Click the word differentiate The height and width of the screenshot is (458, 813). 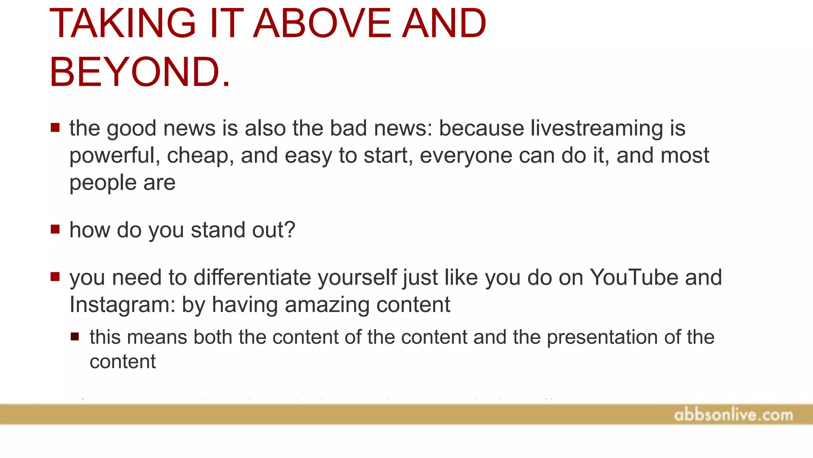[252, 278]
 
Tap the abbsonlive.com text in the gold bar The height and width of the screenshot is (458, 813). [733, 415]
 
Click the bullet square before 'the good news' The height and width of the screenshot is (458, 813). [55, 128]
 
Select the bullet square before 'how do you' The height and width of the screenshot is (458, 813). [55, 229]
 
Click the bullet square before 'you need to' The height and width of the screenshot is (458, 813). [55, 276]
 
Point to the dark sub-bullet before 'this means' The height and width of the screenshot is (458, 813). [75, 337]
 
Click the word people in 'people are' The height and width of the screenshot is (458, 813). [103, 183]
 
